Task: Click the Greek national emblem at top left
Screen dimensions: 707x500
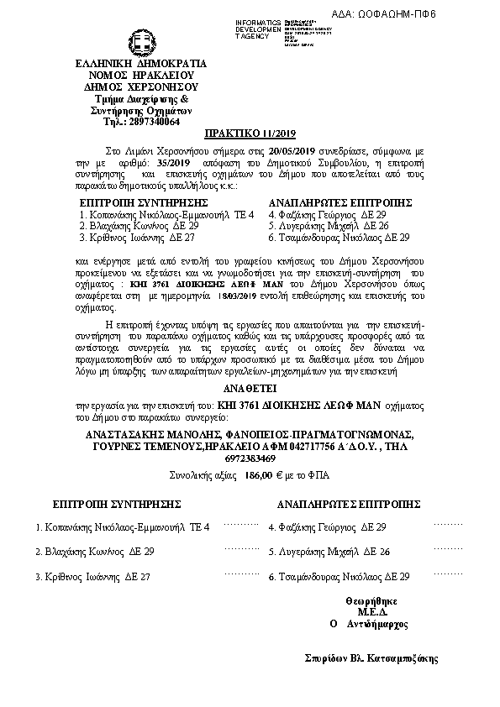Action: [x=140, y=42]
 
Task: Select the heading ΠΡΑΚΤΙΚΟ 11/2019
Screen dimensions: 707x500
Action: [x=249, y=134]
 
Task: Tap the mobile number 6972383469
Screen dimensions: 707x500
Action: [x=250, y=458]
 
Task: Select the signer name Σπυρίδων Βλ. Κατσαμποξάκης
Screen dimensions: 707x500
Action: [x=372, y=658]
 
